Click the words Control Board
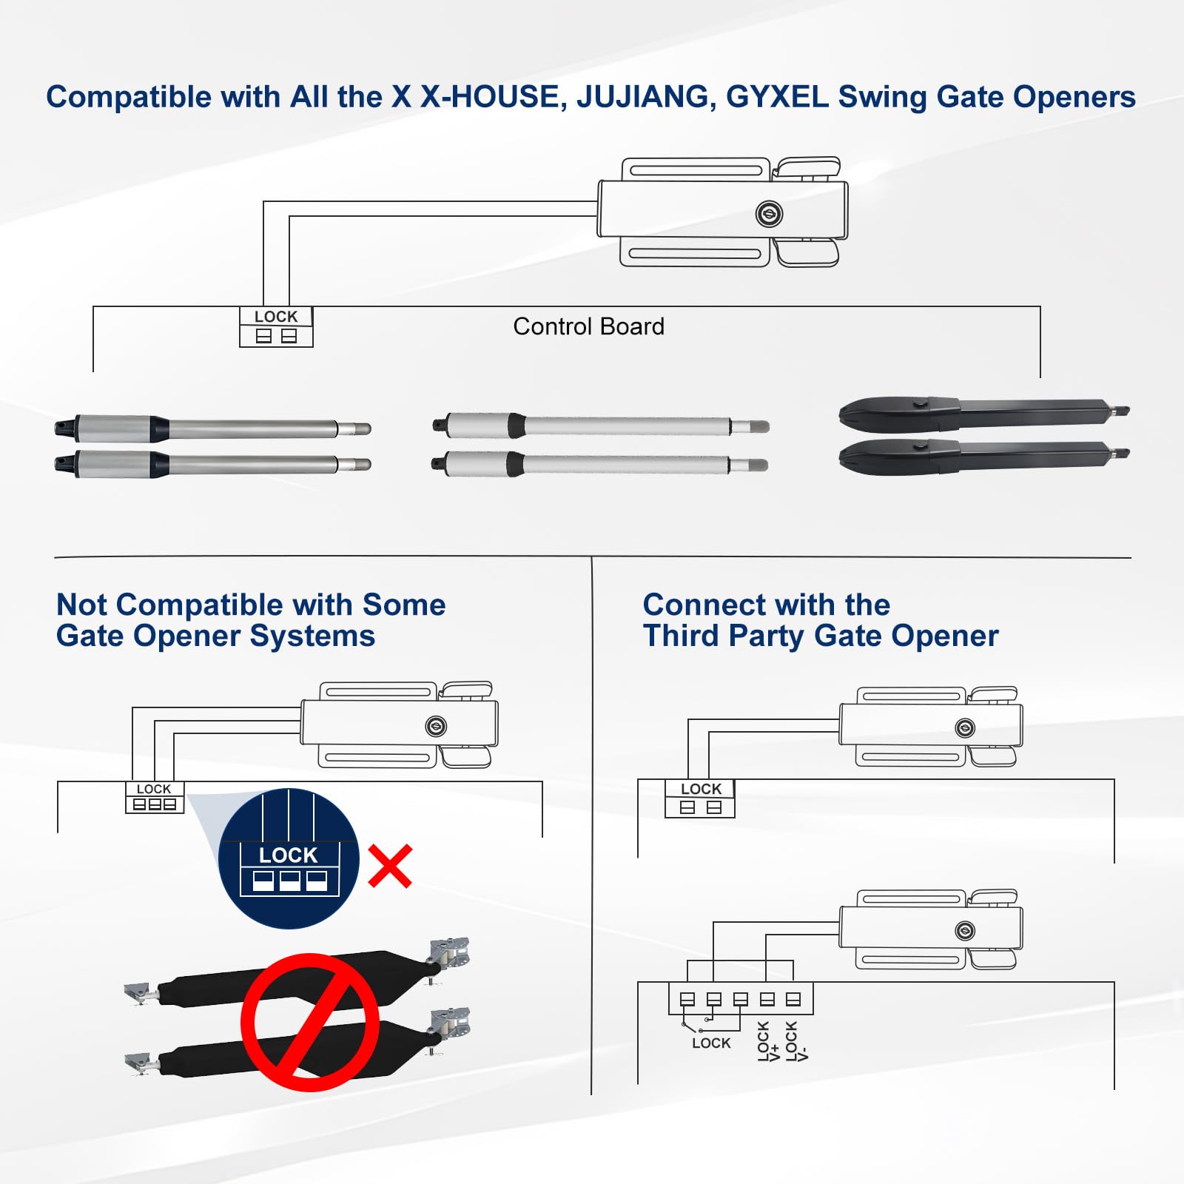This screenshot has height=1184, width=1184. click(588, 326)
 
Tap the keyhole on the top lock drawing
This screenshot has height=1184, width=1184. click(770, 215)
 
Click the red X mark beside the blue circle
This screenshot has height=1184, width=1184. click(390, 867)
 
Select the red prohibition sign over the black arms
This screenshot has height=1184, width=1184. click(310, 1022)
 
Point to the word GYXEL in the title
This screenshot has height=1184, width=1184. click(777, 98)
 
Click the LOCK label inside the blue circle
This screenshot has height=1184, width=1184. click(288, 855)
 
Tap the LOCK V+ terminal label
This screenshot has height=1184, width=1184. click(768, 1041)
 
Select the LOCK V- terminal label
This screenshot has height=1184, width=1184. click(796, 1041)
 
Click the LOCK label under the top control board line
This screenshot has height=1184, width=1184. click(276, 317)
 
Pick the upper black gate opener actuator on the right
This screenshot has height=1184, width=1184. click(984, 413)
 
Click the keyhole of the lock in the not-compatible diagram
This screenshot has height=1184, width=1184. click(436, 726)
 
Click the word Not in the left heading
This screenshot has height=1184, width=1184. click(81, 605)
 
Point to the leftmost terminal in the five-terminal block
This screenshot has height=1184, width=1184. click(687, 1000)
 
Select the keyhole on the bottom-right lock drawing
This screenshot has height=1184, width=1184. click(965, 931)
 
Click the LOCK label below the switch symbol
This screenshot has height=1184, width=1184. click(711, 1043)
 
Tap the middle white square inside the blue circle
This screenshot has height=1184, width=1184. click(289, 881)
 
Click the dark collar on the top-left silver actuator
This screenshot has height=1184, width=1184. click(159, 428)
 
